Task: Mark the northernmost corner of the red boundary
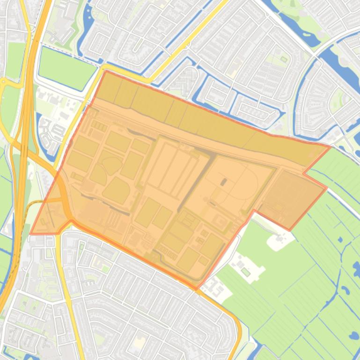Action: pos(106,71)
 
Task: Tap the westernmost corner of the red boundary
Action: pos(31,233)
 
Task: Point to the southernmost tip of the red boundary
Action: pos(197,289)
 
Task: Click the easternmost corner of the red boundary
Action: pos(331,147)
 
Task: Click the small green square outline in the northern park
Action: pos(284,59)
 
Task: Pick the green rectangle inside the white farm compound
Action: pos(245,271)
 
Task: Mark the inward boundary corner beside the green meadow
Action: pos(254,211)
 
